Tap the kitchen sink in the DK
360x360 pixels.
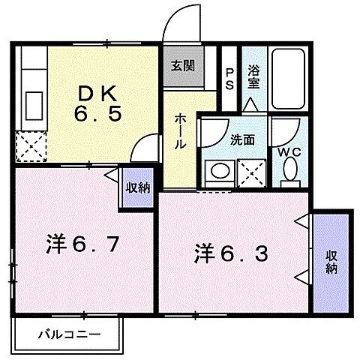click(x=34, y=102)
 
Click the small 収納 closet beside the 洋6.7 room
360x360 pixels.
click(x=136, y=188)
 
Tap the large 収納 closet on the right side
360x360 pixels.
click(x=331, y=262)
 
